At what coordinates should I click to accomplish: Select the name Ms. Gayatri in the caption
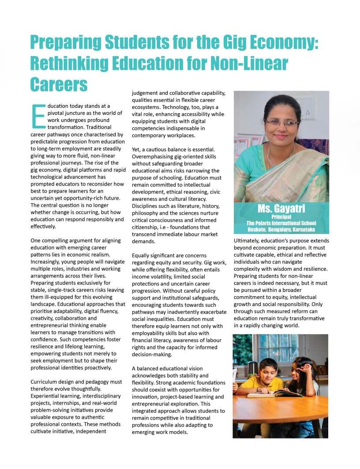click(x=281, y=209)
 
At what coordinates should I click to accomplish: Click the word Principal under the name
click(x=281, y=217)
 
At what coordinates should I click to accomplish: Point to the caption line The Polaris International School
click(x=281, y=223)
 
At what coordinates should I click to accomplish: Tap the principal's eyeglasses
click(x=282, y=123)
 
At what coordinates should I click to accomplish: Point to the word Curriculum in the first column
click(x=45, y=382)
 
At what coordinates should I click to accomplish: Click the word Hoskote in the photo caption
click(x=257, y=230)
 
